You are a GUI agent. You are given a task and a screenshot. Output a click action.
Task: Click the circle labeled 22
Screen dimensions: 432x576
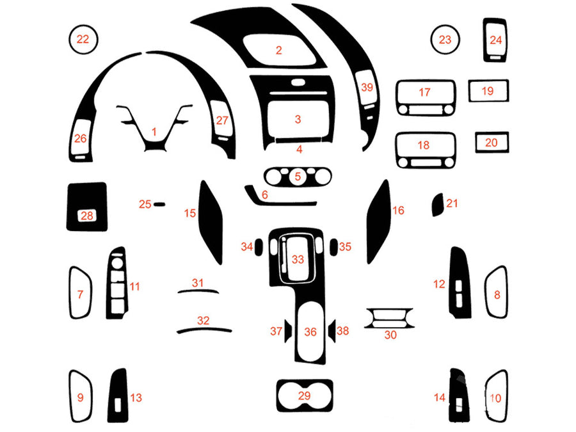point(83,39)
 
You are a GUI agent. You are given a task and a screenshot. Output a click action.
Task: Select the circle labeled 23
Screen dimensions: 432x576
point(445,39)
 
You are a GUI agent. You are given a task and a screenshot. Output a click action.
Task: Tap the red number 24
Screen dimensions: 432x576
point(496,40)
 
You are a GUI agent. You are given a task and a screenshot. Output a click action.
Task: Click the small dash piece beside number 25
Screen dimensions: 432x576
point(159,204)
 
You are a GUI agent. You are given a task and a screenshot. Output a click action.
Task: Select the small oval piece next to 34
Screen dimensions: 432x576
point(260,246)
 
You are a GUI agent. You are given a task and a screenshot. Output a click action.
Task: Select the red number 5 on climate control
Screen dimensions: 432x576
point(298,175)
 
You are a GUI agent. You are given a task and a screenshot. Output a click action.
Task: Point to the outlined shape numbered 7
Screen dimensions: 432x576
point(81,293)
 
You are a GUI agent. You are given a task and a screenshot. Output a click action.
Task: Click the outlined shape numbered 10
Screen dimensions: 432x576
point(495,397)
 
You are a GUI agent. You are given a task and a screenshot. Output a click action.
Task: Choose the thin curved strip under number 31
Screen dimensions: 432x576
point(198,291)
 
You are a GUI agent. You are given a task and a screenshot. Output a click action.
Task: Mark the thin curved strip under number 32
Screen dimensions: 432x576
point(204,330)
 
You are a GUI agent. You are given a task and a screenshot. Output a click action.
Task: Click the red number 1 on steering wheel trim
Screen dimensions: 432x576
point(154,131)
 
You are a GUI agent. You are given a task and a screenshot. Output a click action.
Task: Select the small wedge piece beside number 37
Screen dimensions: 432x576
point(289,331)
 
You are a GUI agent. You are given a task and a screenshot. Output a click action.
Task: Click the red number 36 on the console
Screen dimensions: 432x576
point(310,332)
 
